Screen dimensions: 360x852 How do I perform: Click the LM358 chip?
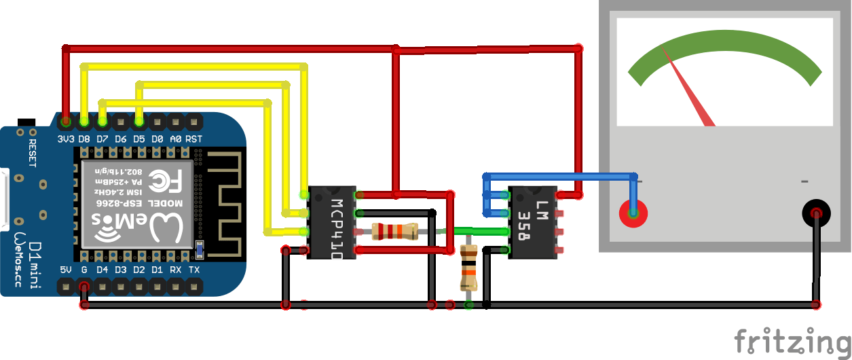point(532,223)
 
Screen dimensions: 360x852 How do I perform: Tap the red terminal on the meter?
point(633,214)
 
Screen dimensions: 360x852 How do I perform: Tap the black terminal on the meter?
point(816,214)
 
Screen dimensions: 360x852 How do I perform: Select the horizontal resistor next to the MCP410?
point(394,232)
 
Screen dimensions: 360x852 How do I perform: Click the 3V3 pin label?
point(66,139)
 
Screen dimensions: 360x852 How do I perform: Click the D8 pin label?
point(84,139)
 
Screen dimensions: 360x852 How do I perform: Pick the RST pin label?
point(194,139)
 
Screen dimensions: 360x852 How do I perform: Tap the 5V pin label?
point(66,270)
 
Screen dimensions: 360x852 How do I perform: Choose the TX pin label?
point(194,270)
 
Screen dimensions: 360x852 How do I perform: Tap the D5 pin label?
point(139,139)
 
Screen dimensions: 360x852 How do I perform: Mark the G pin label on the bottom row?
point(84,270)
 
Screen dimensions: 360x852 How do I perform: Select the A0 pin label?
point(175,139)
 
